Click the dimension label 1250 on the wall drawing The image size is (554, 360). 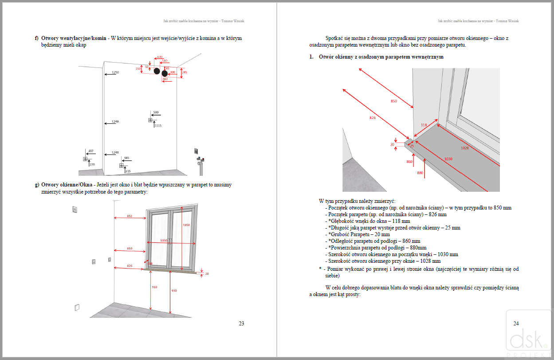[x=115, y=72]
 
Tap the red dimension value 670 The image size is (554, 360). [x=160, y=57]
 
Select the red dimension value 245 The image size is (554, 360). [x=185, y=71]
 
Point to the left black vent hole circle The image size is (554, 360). [x=157, y=71]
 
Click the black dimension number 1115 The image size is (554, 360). [x=158, y=126]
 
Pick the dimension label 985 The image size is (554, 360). [x=126, y=158]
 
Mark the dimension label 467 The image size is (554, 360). [x=91, y=151]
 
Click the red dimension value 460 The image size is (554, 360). [x=165, y=79]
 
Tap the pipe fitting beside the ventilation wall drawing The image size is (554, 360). [x=200, y=162]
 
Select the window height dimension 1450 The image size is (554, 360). [x=186, y=225]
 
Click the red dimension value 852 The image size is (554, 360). [x=129, y=216]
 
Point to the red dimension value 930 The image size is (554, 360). [x=174, y=290]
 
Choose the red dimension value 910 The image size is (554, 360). [x=154, y=287]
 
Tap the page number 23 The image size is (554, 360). [x=241, y=324]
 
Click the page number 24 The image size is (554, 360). [x=516, y=324]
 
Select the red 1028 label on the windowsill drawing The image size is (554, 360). [x=464, y=148]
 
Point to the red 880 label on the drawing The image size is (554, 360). [x=420, y=173]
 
